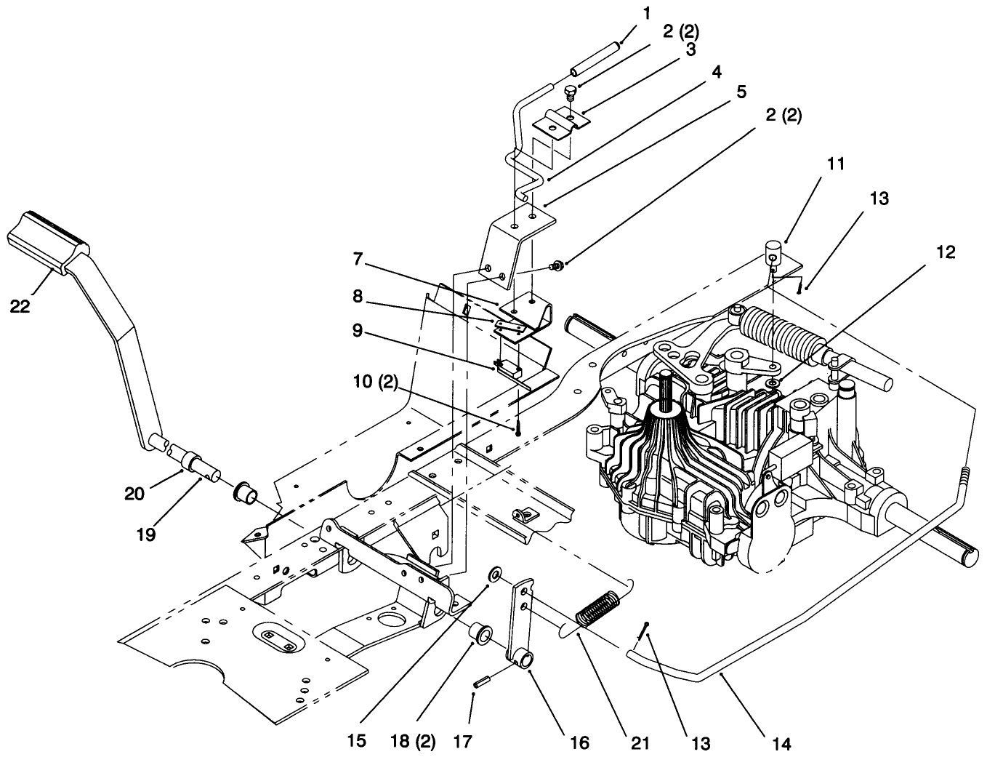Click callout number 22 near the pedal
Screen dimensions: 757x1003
coord(20,306)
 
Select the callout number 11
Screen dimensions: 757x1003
coord(836,164)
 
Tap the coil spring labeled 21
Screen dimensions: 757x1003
coord(598,607)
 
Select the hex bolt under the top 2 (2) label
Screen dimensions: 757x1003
coord(571,91)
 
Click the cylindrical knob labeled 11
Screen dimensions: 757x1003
coord(773,256)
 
